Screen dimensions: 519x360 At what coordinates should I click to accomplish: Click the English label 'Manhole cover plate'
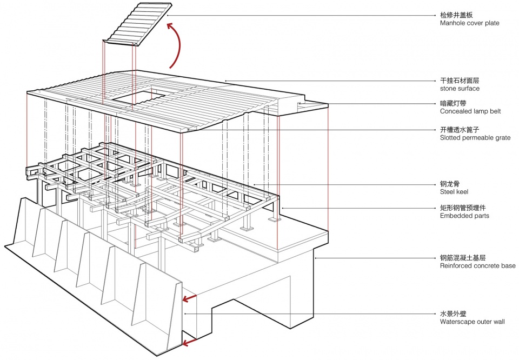tap(470, 23)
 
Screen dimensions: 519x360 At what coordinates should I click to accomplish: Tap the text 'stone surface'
tap(460, 88)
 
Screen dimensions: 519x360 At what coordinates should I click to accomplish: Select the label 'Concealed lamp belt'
tap(470, 111)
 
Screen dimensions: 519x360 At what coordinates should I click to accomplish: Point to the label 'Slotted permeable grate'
tap(475, 138)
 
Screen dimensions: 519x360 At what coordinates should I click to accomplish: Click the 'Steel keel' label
tap(454, 192)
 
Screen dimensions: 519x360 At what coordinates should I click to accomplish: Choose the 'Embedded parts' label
tap(464, 216)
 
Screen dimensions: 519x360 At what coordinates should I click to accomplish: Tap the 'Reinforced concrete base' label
tap(477, 266)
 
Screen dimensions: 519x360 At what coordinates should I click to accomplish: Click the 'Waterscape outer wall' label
tap(473, 322)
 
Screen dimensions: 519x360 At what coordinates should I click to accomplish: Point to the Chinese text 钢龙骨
tap(450, 184)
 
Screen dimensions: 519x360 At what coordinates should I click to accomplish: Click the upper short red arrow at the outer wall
tap(189, 298)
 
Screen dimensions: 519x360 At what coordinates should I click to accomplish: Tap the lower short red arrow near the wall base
tap(189, 342)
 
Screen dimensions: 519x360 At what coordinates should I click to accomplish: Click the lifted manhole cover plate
tap(138, 23)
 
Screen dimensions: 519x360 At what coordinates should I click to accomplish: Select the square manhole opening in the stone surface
tap(138, 98)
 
